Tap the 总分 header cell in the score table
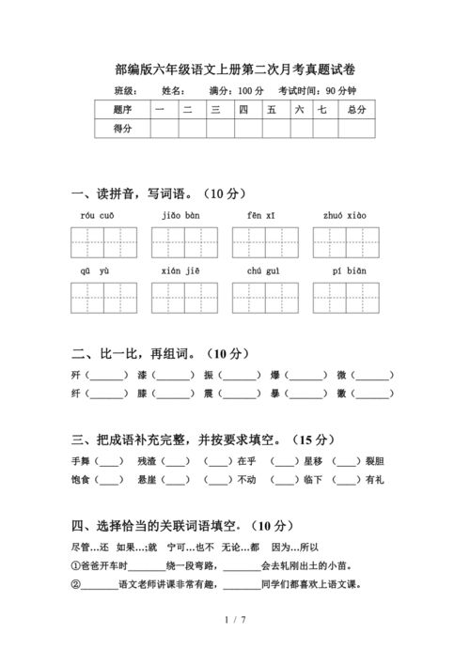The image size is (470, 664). (x=355, y=110)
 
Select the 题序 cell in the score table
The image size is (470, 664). (x=122, y=110)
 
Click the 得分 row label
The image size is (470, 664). (x=122, y=129)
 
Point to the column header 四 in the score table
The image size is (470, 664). (x=243, y=110)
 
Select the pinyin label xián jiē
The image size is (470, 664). (x=180, y=270)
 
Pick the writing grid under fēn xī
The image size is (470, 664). (x=266, y=242)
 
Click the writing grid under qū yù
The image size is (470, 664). (x=102, y=298)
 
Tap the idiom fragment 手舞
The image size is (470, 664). (x=80, y=461)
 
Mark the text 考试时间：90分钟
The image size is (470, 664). (x=317, y=91)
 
